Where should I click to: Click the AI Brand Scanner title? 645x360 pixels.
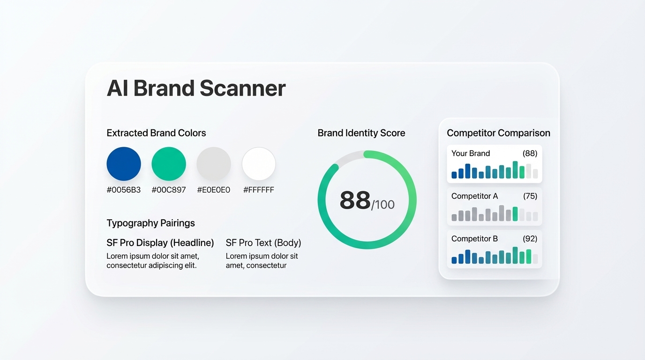(x=196, y=88)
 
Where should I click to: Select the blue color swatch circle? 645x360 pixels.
(x=124, y=164)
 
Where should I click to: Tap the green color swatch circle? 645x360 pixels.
(x=169, y=164)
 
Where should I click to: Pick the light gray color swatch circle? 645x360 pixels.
(x=214, y=164)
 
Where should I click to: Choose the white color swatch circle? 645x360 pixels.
(x=259, y=164)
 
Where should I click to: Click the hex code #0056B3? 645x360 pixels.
(x=124, y=190)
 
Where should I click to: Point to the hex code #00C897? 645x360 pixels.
(x=169, y=190)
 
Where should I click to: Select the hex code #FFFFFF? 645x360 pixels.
(x=259, y=190)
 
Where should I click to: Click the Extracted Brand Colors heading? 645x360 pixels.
(x=156, y=133)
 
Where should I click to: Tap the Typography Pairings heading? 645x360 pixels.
(x=150, y=223)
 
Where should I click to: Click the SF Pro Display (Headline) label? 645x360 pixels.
(x=160, y=243)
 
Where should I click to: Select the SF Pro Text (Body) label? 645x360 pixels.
(x=263, y=243)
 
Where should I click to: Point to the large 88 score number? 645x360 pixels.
(x=355, y=201)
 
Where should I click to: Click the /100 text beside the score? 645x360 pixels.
(x=383, y=205)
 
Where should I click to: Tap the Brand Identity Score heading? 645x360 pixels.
(x=361, y=133)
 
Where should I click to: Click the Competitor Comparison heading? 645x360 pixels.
(x=498, y=133)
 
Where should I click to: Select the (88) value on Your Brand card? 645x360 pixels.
(x=530, y=153)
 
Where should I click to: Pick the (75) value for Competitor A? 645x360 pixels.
(x=530, y=196)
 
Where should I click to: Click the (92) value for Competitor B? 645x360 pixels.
(x=530, y=239)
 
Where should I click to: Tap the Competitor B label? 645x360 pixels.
(x=474, y=239)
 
